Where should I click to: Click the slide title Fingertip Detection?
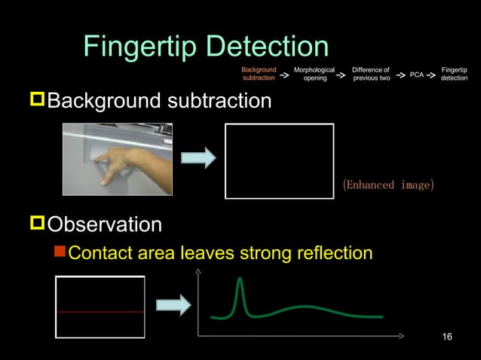(x=206, y=47)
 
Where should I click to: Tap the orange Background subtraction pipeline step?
(x=259, y=73)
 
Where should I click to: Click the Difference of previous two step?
(x=371, y=73)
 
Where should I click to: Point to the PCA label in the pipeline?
(x=416, y=75)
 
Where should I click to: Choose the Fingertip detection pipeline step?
(x=454, y=73)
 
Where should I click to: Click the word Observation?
(x=104, y=224)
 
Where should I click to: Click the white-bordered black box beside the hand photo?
(x=279, y=160)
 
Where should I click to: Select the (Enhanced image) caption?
(x=388, y=185)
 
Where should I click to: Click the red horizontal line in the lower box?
(x=100, y=311)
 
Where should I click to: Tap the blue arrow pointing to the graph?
(x=173, y=305)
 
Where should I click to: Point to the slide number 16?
(x=447, y=336)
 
